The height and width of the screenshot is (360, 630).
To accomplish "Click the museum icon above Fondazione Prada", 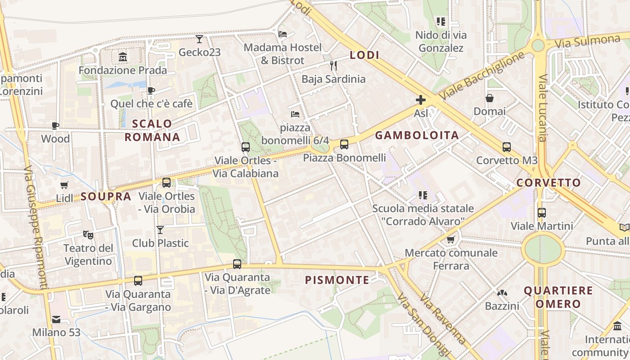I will point(122,57).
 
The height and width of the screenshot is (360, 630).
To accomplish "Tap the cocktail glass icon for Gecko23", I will point(199,39).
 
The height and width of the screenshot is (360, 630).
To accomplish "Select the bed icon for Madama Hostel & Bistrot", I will point(283,34).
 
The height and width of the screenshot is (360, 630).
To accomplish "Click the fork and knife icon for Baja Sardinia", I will point(333,66).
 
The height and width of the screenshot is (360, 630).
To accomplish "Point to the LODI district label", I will point(364,55).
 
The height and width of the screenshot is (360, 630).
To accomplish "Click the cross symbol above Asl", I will point(421,99).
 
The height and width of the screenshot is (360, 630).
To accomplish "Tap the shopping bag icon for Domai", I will point(490,98).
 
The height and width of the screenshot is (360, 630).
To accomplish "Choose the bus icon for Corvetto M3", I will point(507,147).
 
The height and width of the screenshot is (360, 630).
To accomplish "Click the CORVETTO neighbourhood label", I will point(549,183).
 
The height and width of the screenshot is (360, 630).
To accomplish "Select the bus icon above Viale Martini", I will point(542,213).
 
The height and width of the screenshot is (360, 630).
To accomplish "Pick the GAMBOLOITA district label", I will point(417,135).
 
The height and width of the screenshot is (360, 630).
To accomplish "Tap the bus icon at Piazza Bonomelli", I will point(344,144).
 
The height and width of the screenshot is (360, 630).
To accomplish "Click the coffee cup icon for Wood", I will point(55,126).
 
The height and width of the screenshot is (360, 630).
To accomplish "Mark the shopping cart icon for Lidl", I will point(64,185).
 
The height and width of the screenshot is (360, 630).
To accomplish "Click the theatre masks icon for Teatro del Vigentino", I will point(88,234).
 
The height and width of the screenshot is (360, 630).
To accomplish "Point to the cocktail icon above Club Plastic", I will point(160,230).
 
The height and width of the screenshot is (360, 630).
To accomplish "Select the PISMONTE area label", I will point(337,280).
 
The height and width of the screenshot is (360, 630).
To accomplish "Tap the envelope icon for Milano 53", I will point(56,319).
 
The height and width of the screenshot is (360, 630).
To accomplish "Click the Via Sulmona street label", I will point(587,41).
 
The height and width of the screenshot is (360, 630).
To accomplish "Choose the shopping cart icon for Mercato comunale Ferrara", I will point(451,239).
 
